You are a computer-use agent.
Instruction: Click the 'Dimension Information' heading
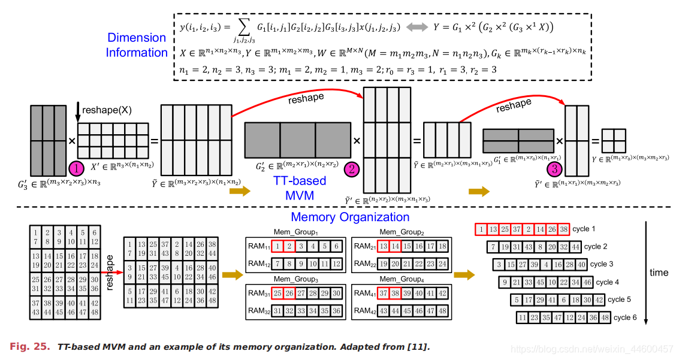click(137, 45)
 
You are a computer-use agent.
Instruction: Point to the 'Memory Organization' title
click(350, 217)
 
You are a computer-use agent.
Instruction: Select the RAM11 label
click(258, 245)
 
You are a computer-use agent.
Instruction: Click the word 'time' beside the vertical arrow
click(659, 273)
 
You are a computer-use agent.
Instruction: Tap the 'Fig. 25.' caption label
click(29, 346)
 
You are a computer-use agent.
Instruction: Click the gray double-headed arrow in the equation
click(418, 28)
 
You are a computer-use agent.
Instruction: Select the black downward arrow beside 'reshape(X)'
click(79, 110)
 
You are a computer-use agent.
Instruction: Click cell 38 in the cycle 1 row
click(563, 229)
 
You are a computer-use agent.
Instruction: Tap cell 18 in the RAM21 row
click(442, 246)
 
